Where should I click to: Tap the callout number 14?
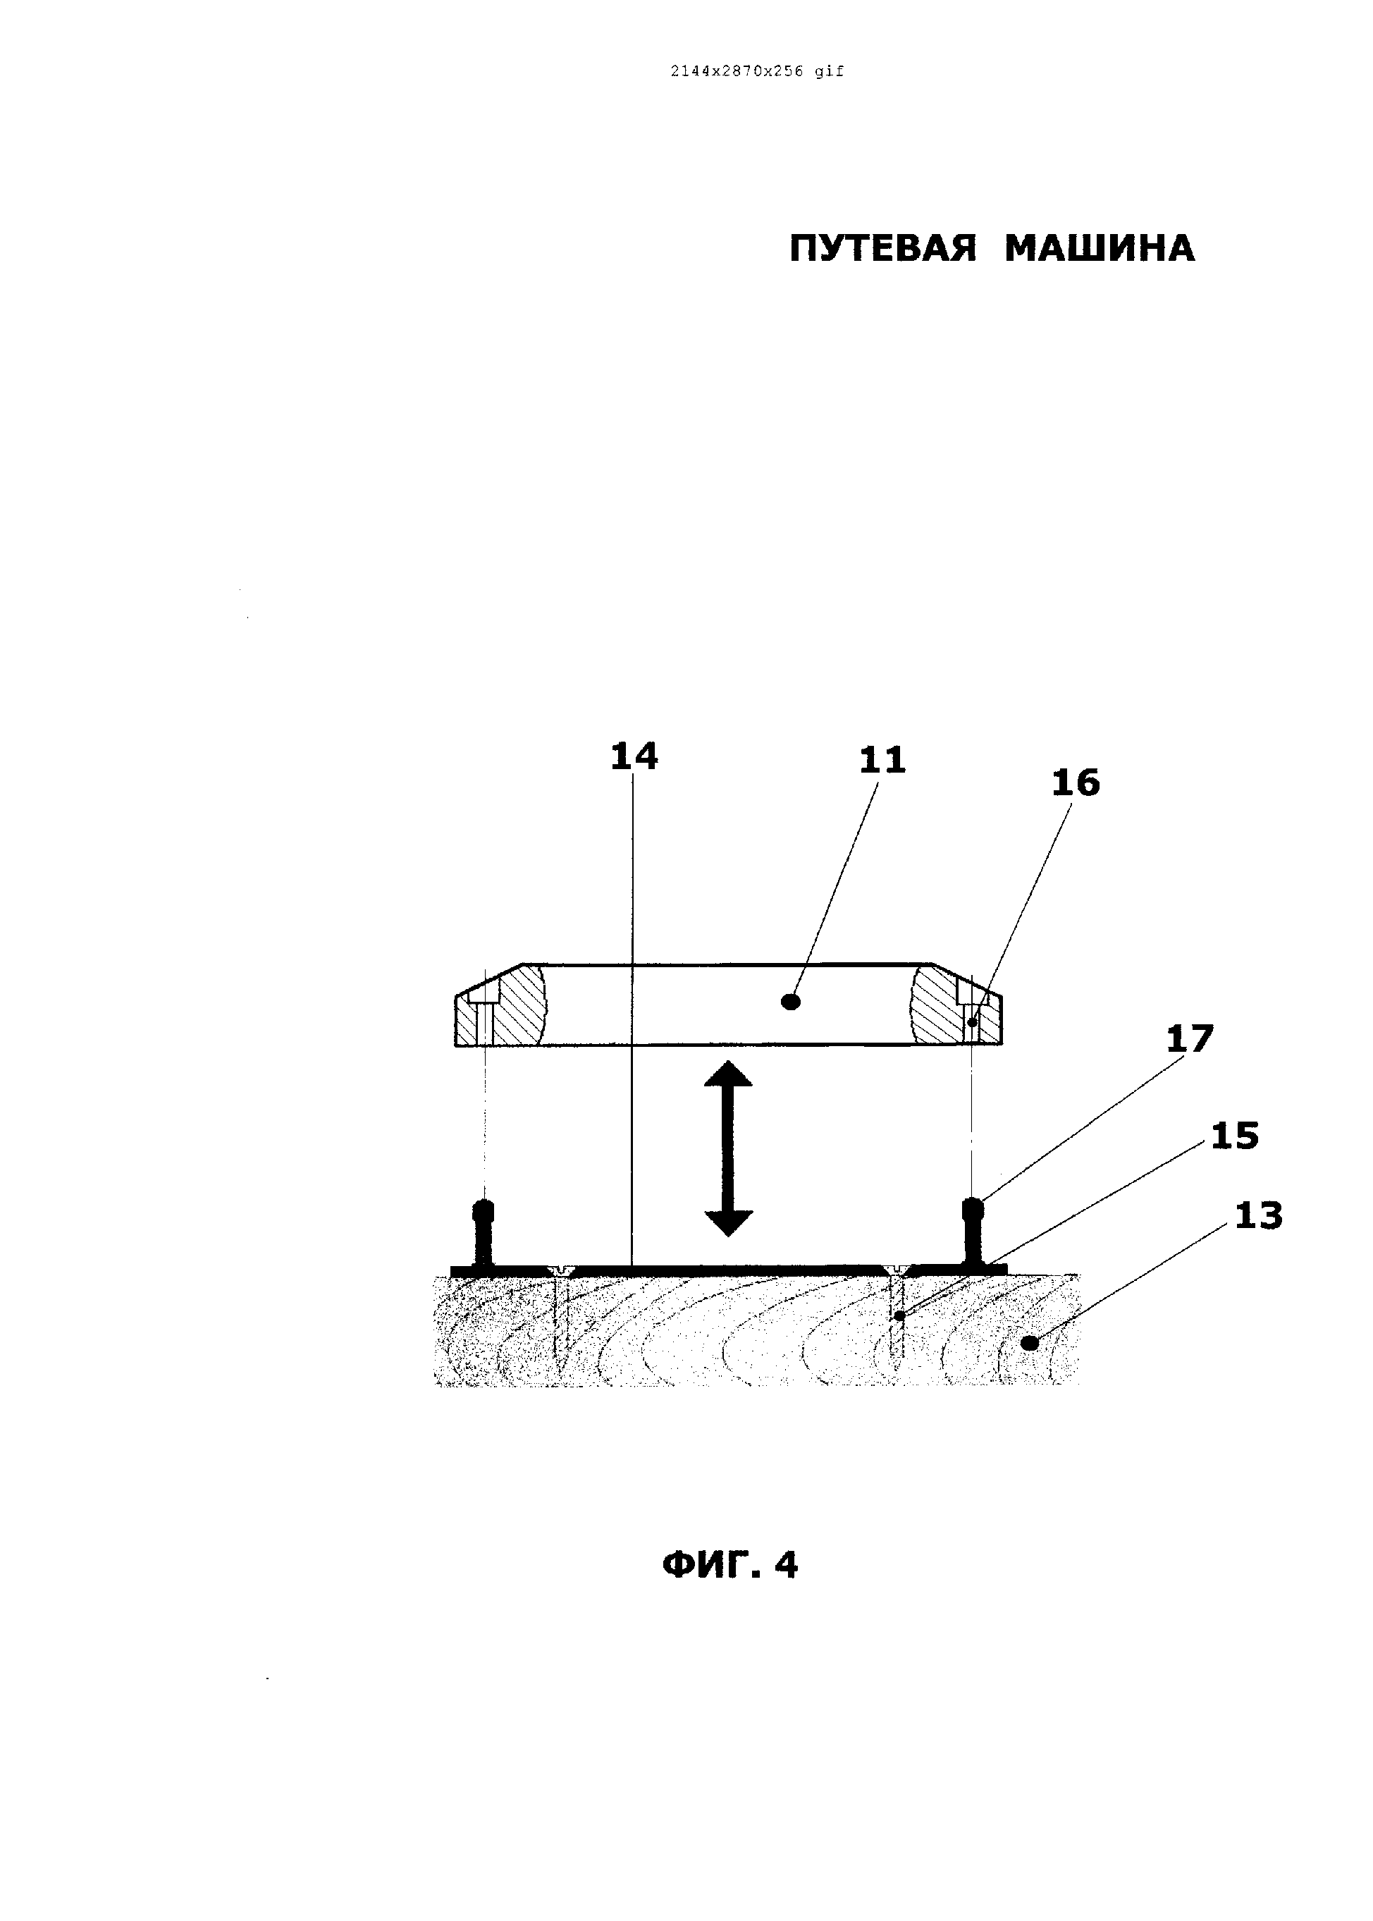[634, 756]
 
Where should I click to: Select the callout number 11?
[882, 760]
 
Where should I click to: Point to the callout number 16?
[1076, 783]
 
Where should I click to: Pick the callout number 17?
[1190, 1039]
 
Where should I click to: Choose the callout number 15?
[1234, 1136]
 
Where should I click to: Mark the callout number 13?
[1258, 1216]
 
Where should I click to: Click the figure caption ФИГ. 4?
[729, 1565]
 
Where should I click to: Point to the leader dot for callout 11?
[792, 1002]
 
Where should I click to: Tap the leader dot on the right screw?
[900, 1315]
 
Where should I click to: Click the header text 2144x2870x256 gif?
[757, 72]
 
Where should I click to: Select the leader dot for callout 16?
[972, 1022]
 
